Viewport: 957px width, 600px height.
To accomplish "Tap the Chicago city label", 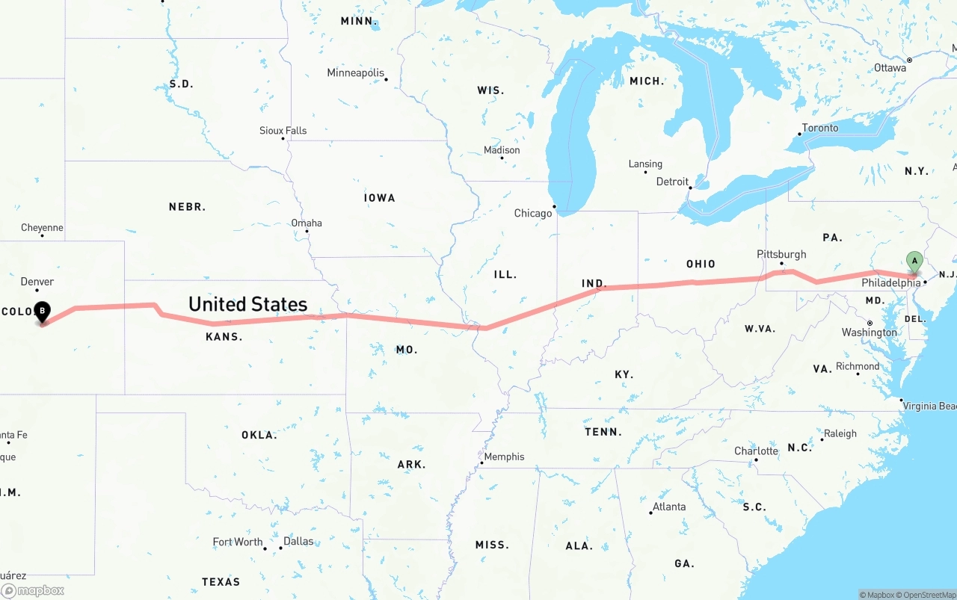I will click(533, 214).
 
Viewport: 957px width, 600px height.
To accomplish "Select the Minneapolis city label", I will click(356, 73).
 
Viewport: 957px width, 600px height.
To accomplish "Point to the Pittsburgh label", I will click(781, 255).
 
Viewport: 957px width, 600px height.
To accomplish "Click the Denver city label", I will click(37, 282).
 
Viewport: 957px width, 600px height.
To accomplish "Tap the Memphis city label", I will click(505, 457).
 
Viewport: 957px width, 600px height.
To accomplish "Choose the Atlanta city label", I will click(669, 507).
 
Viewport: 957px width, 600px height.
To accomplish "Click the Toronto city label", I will click(820, 128).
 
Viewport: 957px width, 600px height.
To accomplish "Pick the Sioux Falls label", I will click(283, 131).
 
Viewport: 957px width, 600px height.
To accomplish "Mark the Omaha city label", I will click(307, 223).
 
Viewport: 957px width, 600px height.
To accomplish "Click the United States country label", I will click(247, 304).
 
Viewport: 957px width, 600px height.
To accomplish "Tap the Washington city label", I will click(870, 333).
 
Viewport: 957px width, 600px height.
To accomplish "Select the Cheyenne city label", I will click(42, 228).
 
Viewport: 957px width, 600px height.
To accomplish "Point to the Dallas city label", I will click(298, 542).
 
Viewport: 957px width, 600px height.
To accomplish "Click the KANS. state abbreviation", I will click(224, 337).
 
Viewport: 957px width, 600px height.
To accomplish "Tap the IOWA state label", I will click(380, 198).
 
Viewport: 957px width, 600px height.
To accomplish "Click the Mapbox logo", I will click(33, 590).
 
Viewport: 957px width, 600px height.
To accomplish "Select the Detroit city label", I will click(672, 182).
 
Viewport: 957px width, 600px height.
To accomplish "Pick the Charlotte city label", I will click(756, 451).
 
